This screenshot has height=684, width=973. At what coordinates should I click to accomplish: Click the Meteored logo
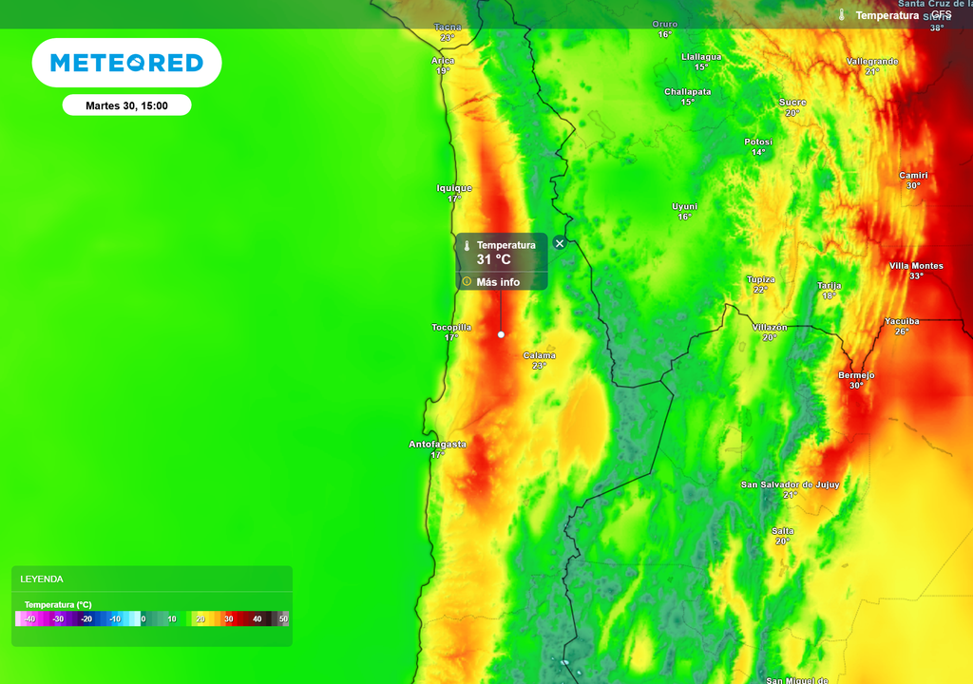[126, 63]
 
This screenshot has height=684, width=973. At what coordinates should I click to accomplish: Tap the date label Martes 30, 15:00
[126, 105]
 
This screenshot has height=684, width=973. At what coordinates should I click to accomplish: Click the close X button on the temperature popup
[560, 243]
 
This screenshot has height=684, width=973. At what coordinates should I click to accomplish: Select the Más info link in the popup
[498, 282]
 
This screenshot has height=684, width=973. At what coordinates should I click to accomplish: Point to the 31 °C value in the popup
[493, 259]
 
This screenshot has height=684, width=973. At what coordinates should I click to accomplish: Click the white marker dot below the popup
[501, 334]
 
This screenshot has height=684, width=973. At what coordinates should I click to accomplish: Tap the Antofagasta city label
[437, 445]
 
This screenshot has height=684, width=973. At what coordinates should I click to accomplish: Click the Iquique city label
[454, 188]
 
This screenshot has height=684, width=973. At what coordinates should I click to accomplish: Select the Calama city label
[540, 356]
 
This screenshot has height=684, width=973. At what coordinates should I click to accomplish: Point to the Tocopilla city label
[451, 328]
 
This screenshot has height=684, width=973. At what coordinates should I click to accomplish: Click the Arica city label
[443, 61]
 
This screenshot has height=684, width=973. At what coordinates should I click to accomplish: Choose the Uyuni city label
[684, 206]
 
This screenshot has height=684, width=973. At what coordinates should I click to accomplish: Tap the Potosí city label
[758, 142]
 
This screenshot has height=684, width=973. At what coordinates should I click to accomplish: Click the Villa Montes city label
[916, 266]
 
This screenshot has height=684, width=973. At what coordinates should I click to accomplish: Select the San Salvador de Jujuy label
[790, 484]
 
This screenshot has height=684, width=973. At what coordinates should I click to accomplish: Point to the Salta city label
[782, 531]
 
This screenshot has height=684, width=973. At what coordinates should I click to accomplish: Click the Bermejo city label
[856, 375]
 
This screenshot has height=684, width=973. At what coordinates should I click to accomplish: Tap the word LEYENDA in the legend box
[42, 579]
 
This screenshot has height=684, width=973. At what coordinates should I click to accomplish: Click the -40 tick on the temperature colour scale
[30, 619]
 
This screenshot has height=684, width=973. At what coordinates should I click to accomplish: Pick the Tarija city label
[829, 285]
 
